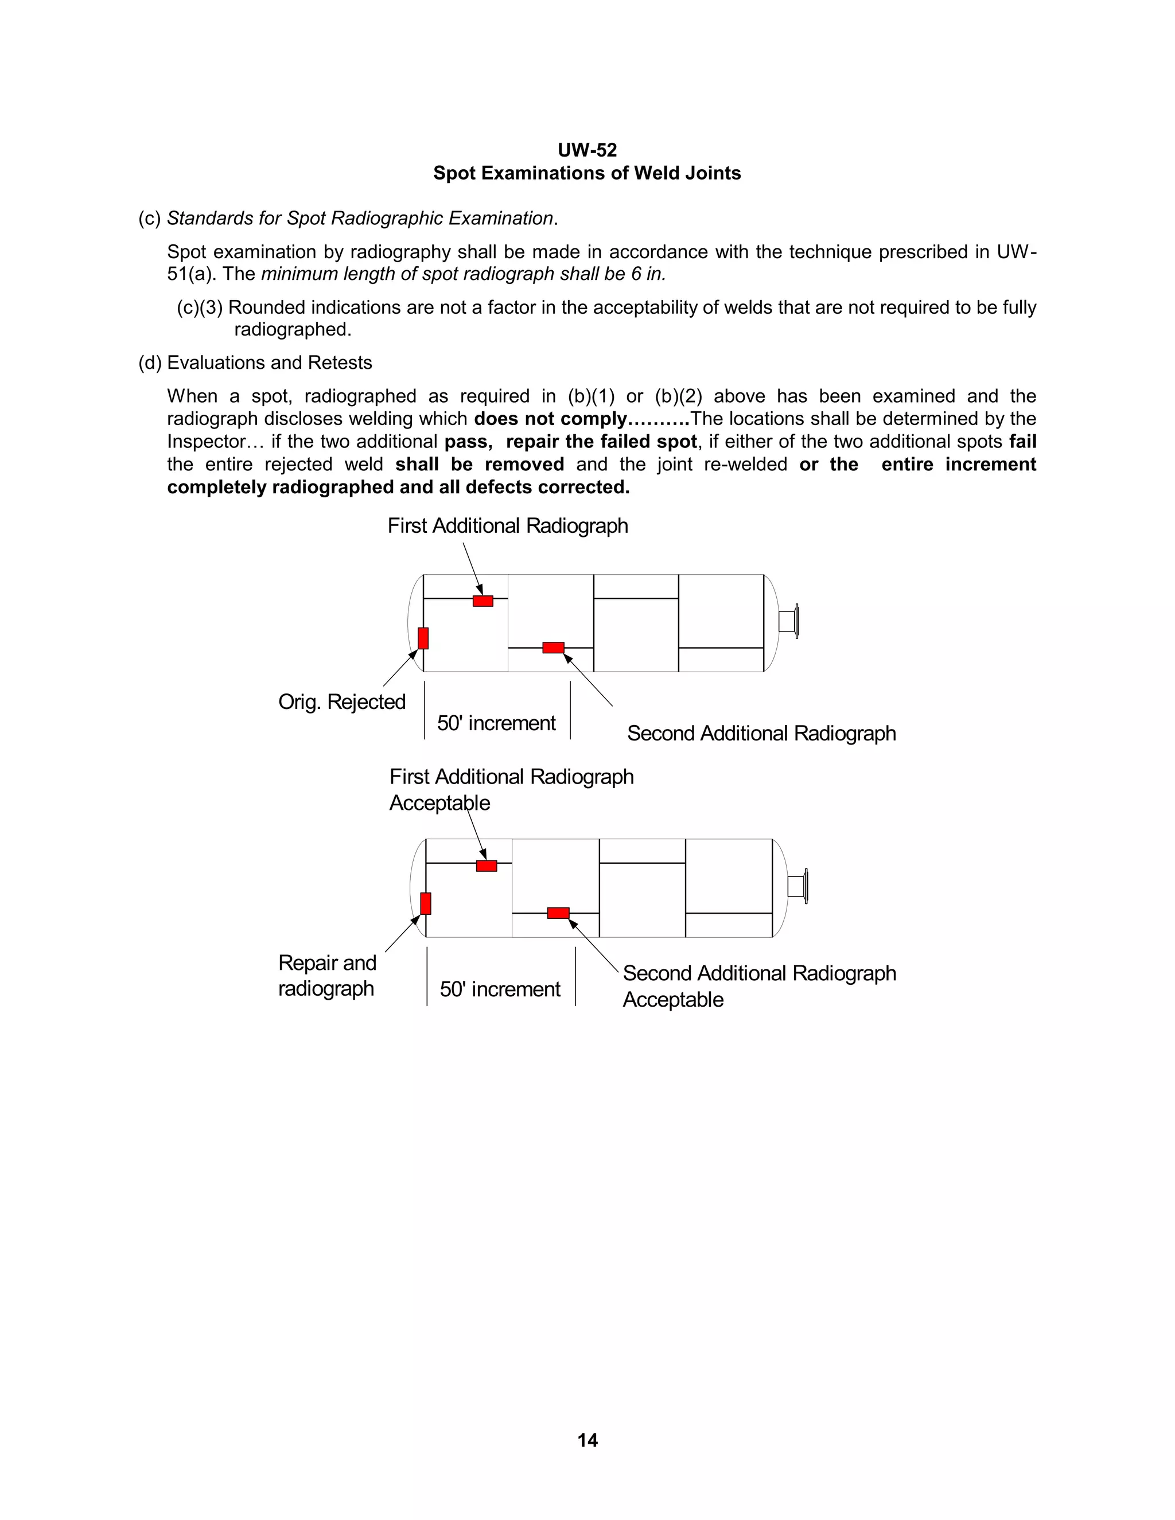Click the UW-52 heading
[587, 150]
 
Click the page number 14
[587, 1439]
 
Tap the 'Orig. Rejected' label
[342, 701]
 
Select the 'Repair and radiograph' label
[327, 975]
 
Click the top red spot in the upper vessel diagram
[483, 601]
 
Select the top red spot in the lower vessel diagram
[487, 866]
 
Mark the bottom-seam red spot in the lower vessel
[558, 913]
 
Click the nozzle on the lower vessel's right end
[797, 886]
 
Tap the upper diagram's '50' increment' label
[496, 723]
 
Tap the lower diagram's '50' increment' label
[500, 989]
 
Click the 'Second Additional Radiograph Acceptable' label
[758, 985]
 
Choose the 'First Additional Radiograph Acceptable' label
[511, 789]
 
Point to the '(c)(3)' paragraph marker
[199, 307]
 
